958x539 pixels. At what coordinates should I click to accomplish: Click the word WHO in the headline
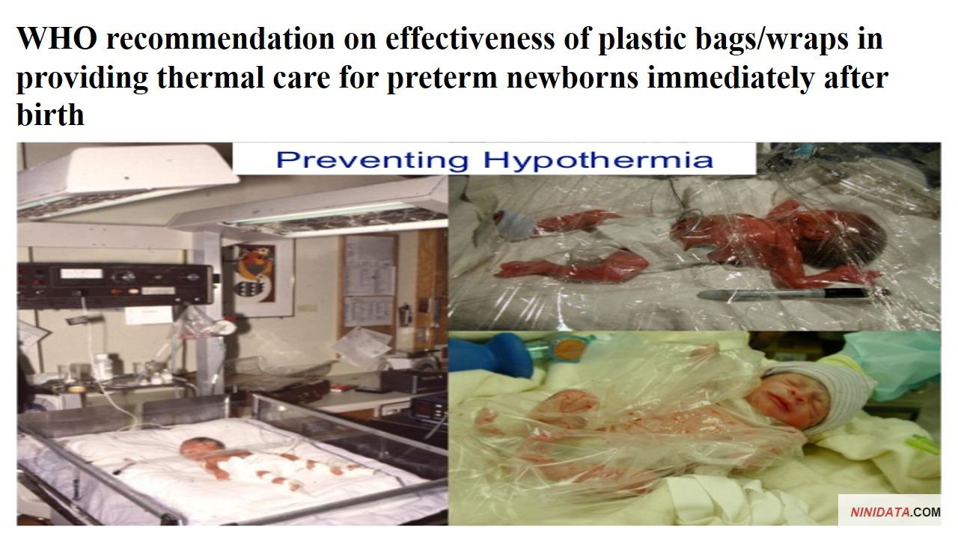pos(57,39)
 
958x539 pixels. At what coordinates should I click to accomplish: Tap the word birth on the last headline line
pos(50,115)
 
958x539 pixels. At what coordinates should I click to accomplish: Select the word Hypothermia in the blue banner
pos(598,160)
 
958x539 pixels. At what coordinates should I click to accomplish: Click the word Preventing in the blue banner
pos(372,161)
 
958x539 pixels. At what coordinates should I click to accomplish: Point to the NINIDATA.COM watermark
pos(895,512)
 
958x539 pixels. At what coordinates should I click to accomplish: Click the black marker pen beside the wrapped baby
pos(791,294)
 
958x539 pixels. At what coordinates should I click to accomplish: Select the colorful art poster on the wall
pos(257,274)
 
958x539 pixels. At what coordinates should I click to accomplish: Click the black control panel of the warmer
pos(115,284)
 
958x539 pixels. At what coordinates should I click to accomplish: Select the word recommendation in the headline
pos(220,39)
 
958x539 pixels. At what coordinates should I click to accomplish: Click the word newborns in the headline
pos(573,77)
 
